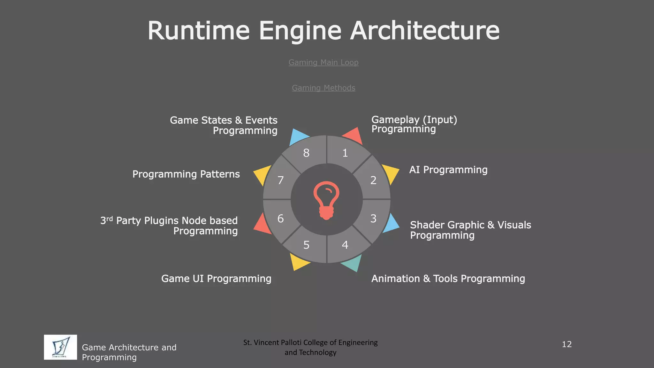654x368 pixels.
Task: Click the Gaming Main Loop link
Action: coord(323,63)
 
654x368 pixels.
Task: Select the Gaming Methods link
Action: coord(323,88)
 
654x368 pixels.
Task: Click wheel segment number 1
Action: coord(345,153)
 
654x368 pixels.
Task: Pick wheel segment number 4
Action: coord(345,245)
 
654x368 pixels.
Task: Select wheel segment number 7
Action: coord(280,180)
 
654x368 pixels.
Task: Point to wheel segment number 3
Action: coord(373,219)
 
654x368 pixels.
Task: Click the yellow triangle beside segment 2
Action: coord(390,174)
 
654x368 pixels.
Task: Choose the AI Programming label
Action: coord(448,170)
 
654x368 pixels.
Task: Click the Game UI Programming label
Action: coord(216,279)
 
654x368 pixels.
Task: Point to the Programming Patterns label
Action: coord(186,174)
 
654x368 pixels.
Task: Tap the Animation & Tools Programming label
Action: coord(448,279)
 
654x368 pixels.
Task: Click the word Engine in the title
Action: coord(300,31)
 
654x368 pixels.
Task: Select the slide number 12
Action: coord(567,344)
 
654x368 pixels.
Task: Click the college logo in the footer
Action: coord(60,347)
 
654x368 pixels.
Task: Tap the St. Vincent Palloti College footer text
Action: coord(310,347)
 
